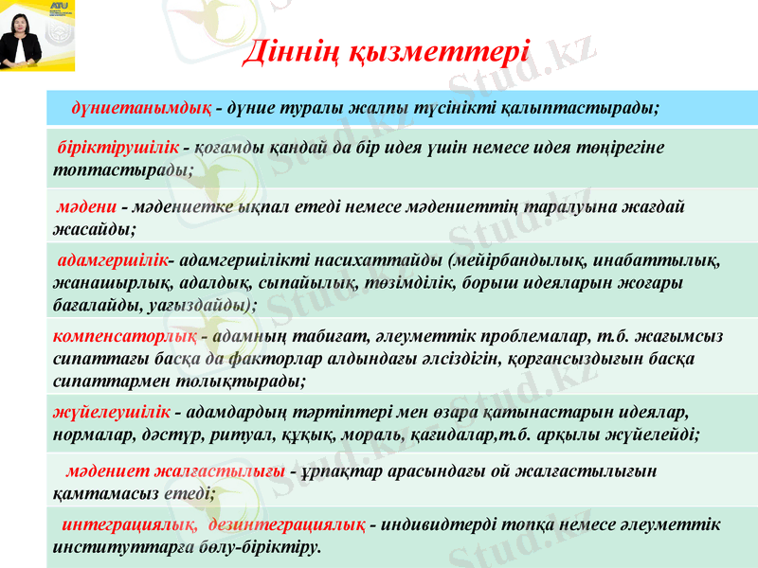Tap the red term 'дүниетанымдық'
pyautogui.click(x=141, y=107)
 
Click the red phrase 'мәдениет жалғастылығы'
pyautogui.click(x=176, y=470)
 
